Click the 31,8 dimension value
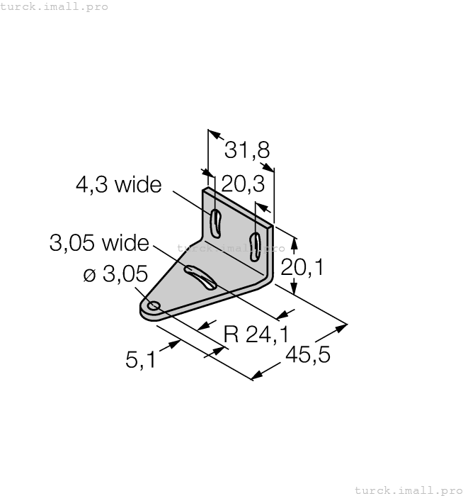246,151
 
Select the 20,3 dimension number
242,184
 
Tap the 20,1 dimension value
302,267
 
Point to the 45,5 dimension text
308,354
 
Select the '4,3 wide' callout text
118,186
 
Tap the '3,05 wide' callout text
99,244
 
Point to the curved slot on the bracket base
201,277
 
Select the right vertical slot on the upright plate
258,245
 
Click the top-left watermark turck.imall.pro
55,6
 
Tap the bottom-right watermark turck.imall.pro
407,490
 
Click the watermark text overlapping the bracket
231,249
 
